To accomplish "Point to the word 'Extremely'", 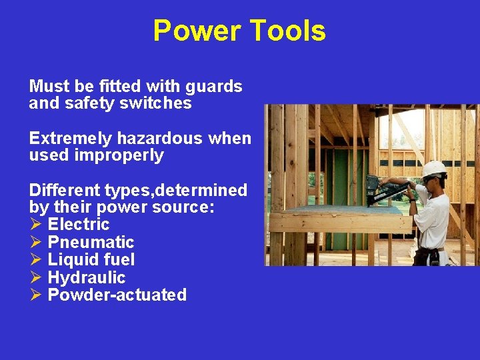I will point(71,139).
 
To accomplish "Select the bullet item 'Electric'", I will point(78,225).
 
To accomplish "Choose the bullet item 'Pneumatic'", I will point(91,242).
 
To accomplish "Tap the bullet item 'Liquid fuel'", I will point(91,259).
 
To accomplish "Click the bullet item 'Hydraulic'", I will point(86,277).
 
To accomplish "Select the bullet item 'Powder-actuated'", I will point(117,295).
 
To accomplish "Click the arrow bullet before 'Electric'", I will point(36,225).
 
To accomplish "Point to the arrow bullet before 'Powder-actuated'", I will point(36,295).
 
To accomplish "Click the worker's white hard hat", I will point(435,168).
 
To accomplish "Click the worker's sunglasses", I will point(428,179).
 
